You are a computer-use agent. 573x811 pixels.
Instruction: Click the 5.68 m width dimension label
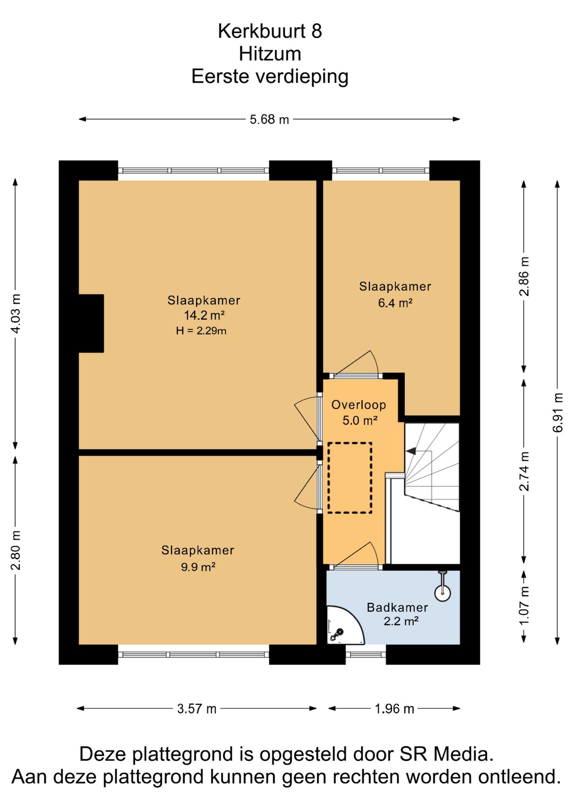(x=269, y=120)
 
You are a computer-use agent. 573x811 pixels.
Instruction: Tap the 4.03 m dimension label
(x=15, y=313)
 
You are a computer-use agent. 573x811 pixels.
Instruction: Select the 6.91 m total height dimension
(x=557, y=412)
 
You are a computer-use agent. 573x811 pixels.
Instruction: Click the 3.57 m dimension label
(x=197, y=708)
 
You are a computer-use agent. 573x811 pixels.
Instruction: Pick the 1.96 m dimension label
(x=394, y=708)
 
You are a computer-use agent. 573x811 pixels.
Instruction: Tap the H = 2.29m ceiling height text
(x=201, y=331)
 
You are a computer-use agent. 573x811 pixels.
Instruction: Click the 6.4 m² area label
(x=395, y=303)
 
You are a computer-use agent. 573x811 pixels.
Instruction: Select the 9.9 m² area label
(x=198, y=567)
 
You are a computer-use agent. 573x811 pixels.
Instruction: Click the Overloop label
(x=359, y=405)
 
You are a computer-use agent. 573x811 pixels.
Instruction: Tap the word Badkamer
(x=397, y=607)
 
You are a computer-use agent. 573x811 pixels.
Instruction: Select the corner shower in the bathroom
(x=344, y=626)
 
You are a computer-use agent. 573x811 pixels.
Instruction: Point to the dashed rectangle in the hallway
(x=350, y=478)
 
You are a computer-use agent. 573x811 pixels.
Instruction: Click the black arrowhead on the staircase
(x=411, y=451)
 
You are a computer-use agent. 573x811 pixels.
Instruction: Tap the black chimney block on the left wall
(x=91, y=324)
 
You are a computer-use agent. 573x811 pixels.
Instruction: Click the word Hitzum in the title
(x=270, y=54)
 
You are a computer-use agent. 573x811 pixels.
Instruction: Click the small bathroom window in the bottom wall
(x=366, y=655)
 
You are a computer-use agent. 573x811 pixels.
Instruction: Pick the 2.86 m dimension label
(x=524, y=276)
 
